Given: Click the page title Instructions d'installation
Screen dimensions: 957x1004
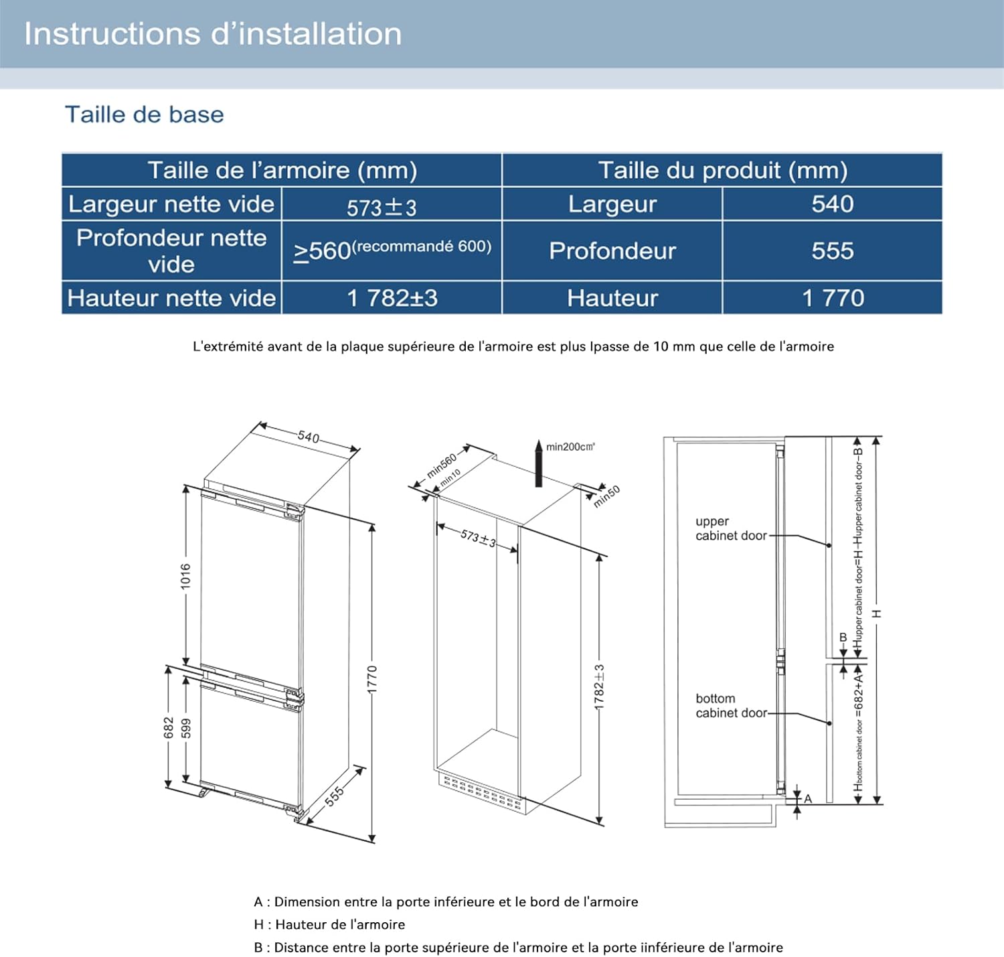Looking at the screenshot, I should click(x=213, y=34).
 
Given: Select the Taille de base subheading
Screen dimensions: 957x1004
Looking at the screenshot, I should click(x=144, y=115).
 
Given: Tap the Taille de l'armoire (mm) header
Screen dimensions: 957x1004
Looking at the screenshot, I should click(x=282, y=170).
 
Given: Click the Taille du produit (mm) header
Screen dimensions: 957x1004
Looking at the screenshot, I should click(x=722, y=170).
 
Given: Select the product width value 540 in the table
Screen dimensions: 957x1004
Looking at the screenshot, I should click(x=832, y=204).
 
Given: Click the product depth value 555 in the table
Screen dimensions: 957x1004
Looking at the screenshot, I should click(x=832, y=250).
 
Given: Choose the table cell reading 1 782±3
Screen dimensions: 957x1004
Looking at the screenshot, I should click(x=392, y=298).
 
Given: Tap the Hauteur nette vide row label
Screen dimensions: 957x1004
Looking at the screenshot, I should click(x=171, y=298).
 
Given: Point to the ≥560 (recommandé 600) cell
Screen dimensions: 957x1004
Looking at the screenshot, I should click(x=392, y=250).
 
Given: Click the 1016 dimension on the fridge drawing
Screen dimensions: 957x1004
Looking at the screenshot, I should click(x=185, y=576).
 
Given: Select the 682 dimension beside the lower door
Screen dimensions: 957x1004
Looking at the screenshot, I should click(x=169, y=728).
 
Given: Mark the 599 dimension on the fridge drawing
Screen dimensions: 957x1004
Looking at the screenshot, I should click(x=187, y=729).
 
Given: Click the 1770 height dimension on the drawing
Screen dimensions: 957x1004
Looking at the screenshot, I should click(x=373, y=680).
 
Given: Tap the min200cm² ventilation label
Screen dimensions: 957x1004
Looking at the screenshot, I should click(x=570, y=447).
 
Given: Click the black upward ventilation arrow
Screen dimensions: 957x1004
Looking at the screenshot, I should click(x=538, y=463).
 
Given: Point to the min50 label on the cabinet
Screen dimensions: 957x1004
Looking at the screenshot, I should click(x=607, y=496).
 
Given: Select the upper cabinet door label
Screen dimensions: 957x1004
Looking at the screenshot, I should click(x=730, y=528).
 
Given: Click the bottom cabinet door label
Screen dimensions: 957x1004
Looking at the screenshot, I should click(x=730, y=706).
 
